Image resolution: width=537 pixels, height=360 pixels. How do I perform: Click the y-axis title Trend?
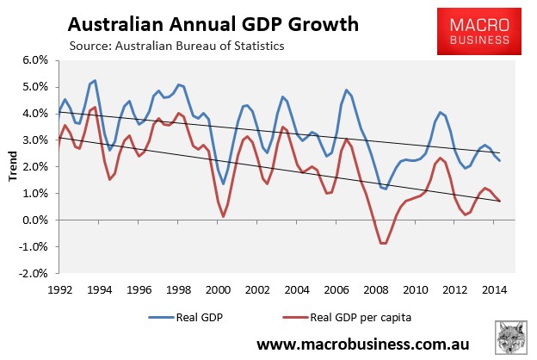(x=11, y=167)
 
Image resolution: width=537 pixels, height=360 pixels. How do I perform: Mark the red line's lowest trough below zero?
(x=384, y=244)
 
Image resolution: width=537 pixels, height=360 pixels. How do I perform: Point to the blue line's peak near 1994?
(x=95, y=81)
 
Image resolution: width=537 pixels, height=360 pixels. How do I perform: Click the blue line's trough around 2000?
(x=224, y=184)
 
